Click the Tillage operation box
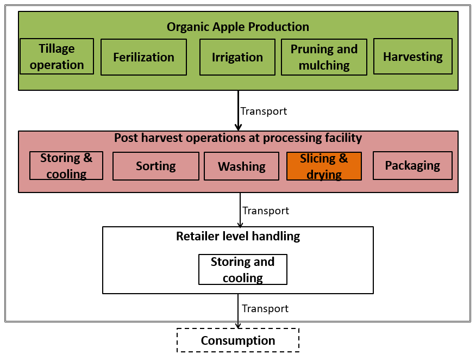[57, 57]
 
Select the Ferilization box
[143, 57]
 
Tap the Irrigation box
[237, 57]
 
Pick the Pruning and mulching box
[324, 57]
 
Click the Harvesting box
[412, 57]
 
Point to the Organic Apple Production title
[237, 27]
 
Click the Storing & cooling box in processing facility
[66, 166]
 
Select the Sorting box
[155, 166]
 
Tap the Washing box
[241, 166]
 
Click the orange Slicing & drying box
[324, 166]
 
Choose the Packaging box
[412, 165]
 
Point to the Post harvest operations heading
[237, 138]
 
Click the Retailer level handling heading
[237, 236]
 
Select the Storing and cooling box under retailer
[242, 269]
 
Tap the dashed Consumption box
[238, 340]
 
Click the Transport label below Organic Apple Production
[264, 111]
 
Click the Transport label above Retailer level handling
[265, 210]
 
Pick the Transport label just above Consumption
[265, 308]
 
